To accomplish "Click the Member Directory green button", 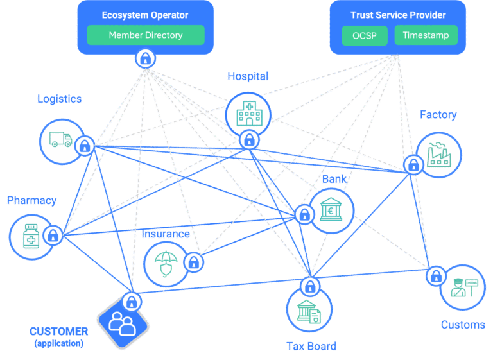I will (x=146, y=35).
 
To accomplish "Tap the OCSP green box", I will (x=364, y=35).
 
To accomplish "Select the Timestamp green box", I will (x=426, y=35).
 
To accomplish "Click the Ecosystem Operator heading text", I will (x=146, y=15).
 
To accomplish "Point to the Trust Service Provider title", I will (x=398, y=15).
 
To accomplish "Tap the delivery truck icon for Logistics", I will (x=61, y=139).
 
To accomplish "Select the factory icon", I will (x=440, y=154).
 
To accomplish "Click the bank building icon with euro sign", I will (x=333, y=209).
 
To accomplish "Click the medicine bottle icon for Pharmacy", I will (x=31, y=236).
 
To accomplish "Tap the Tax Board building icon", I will (x=309, y=311).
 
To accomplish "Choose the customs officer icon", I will (x=463, y=287).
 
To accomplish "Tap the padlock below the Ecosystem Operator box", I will (x=146, y=59).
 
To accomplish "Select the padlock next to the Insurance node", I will (x=193, y=262).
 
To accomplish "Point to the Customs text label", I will (x=462, y=325).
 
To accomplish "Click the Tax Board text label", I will (x=311, y=347).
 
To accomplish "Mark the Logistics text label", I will (x=59, y=99).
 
